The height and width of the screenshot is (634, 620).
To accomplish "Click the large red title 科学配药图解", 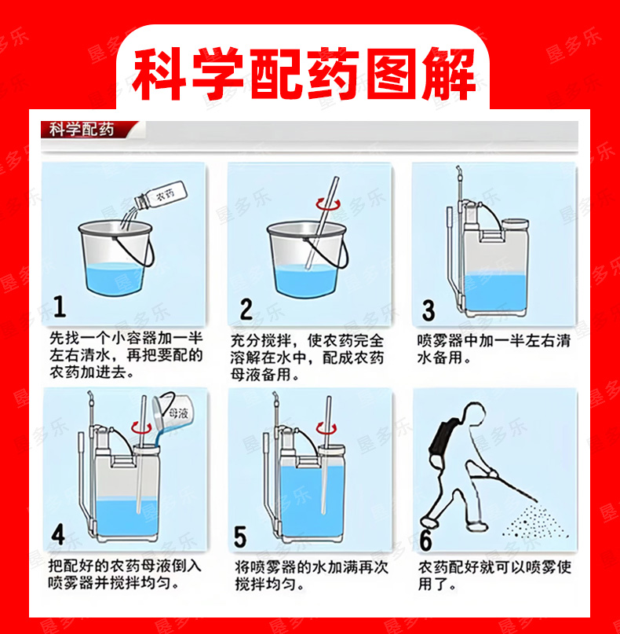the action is pyautogui.click(x=304, y=74).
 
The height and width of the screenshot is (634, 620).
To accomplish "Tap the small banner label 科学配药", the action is pyautogui.click(x=82, y=130).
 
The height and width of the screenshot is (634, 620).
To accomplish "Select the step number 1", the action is pyautogui.click(x=60, y=306).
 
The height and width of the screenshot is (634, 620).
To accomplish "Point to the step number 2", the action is pyautogui.click(x=246, y=310).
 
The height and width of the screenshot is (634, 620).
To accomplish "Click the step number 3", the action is pyautogui.click(x=429, y=310).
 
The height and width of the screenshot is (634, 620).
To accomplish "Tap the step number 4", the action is pyautogui.click(x=58, y=533).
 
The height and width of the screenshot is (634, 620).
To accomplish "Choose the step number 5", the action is pyautogui.click(x=240, y=537).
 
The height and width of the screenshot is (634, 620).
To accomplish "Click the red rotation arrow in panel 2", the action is pyautogui.click(x=328, y=204).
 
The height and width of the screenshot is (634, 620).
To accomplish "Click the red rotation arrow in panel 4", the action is pyautogui.click(x=141, y=427).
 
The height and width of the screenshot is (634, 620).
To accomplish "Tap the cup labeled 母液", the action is pyautogui.click(x=173, y=412).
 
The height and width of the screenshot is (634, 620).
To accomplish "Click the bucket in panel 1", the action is pyautogui.click(x=116, y=257).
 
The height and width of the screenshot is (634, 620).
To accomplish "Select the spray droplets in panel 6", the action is pyautogui.click(x=535, y=522).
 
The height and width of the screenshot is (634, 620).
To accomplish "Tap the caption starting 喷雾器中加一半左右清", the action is pyautogui.click(x=493, y=349).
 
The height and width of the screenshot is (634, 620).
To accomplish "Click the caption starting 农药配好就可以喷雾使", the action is pyautogui.click(x=494, y=576).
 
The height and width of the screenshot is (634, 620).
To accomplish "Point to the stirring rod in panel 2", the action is pyautogui.click(x=322, y=223).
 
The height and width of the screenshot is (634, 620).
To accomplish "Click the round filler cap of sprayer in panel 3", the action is pyautogui.click(x=515, y=224).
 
